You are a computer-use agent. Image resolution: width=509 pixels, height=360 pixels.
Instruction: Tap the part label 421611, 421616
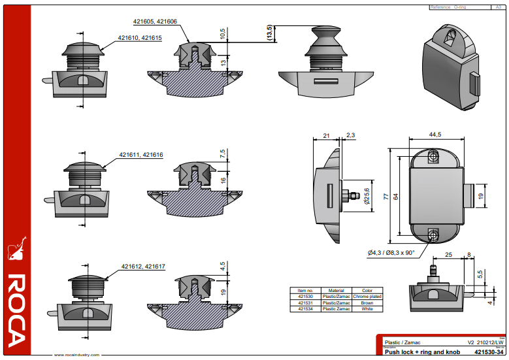[x=141, y=155]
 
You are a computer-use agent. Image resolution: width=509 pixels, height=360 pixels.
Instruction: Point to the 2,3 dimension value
[x=351, y=135]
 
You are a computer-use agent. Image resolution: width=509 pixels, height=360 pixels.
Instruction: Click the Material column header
[x=336, y=291]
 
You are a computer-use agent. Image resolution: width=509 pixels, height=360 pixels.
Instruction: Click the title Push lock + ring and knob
[x=412, y=352]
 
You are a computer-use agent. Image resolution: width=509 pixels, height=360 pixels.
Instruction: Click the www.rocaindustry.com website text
[x=76, y=355]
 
